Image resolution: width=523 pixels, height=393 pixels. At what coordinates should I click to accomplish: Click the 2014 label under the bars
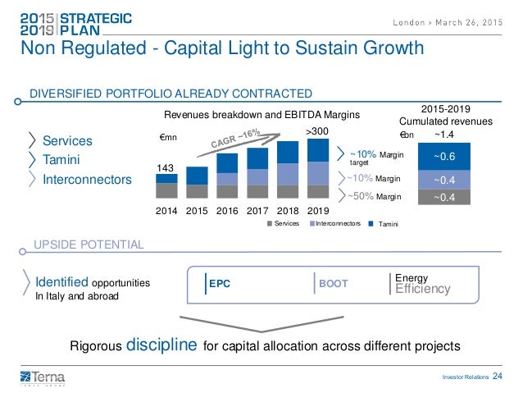pyautogui.click(x=166, y=211)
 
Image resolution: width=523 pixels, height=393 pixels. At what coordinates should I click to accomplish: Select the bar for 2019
pyautogui.click(x=316, y=168)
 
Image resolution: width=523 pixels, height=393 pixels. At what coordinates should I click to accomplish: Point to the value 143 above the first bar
pyautogui.click(x=166, y=167)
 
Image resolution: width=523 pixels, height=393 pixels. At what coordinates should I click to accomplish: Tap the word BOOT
pyautogui.click(x=333, y=284)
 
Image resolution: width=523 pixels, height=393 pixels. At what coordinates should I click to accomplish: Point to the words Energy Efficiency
pyautogui.click(x=422, y=284)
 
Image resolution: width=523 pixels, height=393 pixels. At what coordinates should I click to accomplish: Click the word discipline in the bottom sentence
pyautogui.click(x=160, y=343)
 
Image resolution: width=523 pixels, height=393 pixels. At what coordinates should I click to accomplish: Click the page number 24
pyautogui.click(x=498, y=377)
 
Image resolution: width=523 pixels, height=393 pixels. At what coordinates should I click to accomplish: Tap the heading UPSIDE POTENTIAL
pyautogui.click(x=89, y=244)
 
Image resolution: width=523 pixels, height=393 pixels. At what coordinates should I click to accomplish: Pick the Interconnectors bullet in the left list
pyautogui.click(x=86, y=179)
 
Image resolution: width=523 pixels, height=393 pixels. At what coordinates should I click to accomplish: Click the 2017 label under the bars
pyautogui.click(x=257, y=211)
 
